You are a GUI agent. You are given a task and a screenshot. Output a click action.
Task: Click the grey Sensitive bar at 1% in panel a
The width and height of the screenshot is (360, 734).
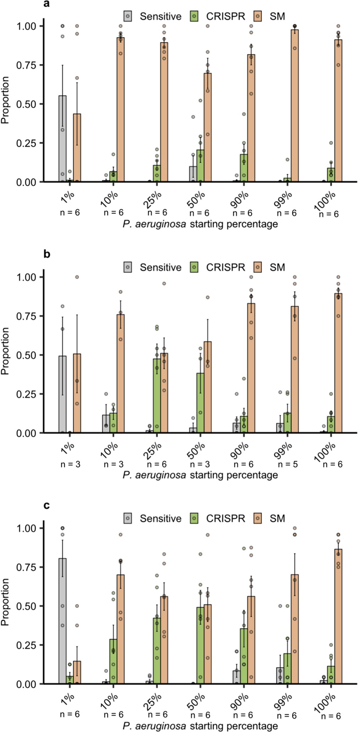[x=62, y=139]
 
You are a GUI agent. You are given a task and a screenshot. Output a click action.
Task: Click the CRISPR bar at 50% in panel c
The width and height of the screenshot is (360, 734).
[x=200, y=645]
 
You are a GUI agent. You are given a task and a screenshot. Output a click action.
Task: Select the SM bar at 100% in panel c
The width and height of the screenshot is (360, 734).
[x=338, y=616]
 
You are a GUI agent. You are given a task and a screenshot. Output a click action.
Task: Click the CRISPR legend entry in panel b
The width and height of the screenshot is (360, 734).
[x=218, y=267]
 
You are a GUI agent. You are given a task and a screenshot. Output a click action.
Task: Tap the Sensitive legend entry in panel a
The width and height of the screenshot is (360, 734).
[x=152, y=16]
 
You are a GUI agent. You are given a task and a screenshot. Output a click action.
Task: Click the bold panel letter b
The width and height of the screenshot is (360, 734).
[x=47, y=254]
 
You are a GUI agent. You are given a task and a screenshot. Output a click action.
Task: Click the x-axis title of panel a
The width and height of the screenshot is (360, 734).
[x=200, y=224]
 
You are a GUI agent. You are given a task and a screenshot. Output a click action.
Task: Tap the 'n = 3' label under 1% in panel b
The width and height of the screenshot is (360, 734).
[x=70, y=464]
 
